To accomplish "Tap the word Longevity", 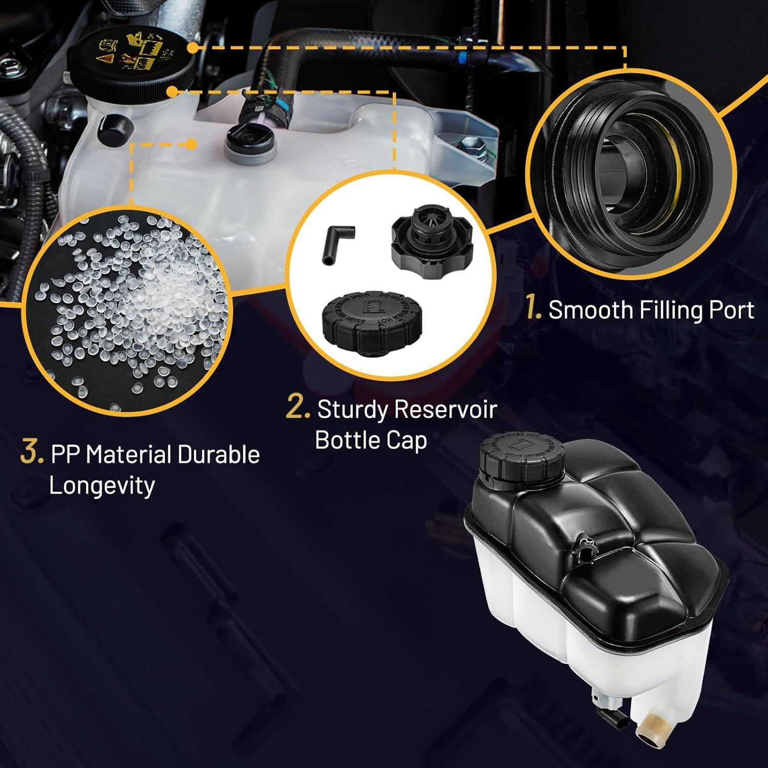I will [x=101, y=485].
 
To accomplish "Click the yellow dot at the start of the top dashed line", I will [x=192, y=47].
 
